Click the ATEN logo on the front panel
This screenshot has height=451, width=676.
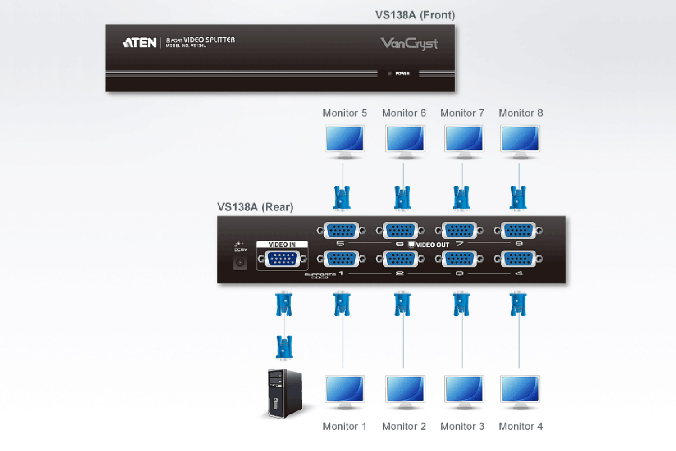click(x=140, y=43)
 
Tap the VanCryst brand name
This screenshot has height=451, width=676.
click(x=409, y=44)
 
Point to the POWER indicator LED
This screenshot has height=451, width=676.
click(x=390, y=73)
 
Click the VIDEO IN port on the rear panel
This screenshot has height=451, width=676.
click(x=282, y=260)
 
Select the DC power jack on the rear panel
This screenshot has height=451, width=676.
click(x=240, y=263)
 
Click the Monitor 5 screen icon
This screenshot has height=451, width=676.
click(x=344, y=140)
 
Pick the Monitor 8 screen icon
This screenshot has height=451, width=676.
click(x=520, y=140)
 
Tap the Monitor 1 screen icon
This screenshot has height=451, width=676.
click(x=344, y=391)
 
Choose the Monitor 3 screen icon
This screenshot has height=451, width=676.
click(x=464, y=391)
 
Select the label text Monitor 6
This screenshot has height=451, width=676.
click(x=404, y=113)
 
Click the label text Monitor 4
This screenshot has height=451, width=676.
click(x=521, y=426)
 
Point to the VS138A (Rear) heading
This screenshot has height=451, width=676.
click(x=255, y=207)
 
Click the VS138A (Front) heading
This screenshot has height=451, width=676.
click(x=415, y=15)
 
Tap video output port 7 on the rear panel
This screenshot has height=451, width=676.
click(x=459, y=231)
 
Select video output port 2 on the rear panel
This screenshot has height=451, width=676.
click(x=400, y=259)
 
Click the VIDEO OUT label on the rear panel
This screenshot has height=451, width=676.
click(x=433, y=245)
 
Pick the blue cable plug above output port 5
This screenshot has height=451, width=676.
click(x=342, y=198)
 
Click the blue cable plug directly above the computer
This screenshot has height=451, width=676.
click(x=284, y=347)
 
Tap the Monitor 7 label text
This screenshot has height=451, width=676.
click(x=462, y=113)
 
